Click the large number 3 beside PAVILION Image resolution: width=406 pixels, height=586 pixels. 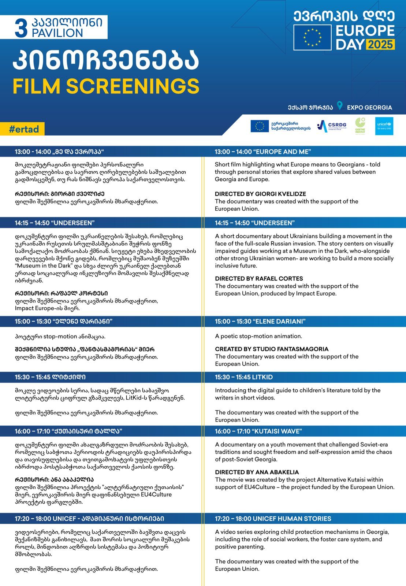21,28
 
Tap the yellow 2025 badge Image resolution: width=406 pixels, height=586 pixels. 381,44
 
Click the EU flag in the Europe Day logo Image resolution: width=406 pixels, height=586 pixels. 312,37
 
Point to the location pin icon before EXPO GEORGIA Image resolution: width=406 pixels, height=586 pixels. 340,106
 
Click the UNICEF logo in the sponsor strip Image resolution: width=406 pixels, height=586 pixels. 384,126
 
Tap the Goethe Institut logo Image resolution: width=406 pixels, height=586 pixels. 360,126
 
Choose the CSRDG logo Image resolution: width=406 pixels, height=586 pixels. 332,126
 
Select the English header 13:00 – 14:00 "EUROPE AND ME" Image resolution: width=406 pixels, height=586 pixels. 263,152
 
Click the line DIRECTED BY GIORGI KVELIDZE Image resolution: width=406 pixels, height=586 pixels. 260,194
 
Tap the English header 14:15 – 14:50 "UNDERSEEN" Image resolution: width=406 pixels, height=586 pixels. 255,223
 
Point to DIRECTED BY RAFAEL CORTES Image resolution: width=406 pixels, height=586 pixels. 259,279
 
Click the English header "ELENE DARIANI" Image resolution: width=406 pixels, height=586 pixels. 260,322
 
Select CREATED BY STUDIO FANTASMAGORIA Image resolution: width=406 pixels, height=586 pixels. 272,349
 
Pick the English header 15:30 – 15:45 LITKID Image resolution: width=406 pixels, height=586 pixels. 244,377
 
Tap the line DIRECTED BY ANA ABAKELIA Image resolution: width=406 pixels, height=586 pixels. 257,472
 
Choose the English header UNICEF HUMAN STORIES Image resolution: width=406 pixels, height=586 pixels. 273,519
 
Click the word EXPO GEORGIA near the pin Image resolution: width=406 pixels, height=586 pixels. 369,108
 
